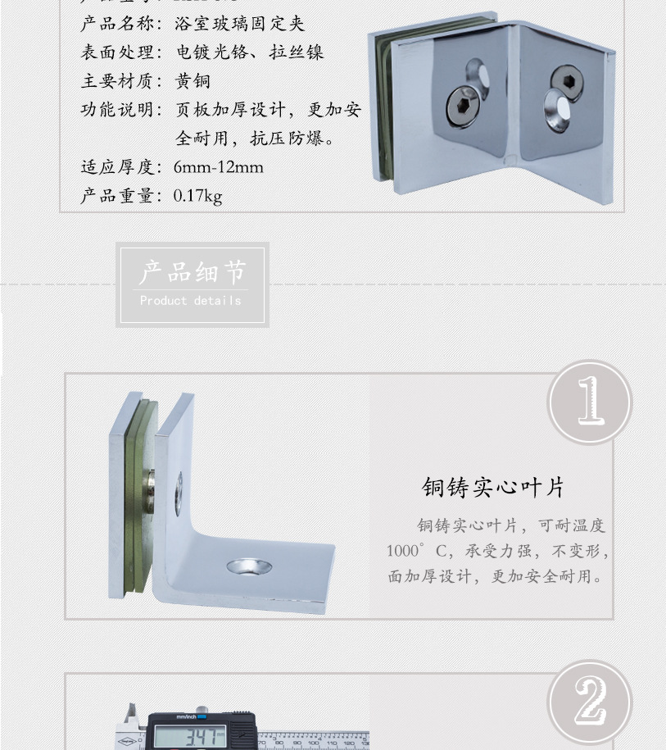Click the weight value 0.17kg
(x=197, y=196)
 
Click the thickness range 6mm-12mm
(x=218, y=167)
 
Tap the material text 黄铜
(x=193, y=81)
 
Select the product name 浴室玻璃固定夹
(x=239, y=24)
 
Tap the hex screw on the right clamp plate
(x=566, y=82)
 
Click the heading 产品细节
(x=192, y=272)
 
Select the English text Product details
(x=191, y=301)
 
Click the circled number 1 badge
(x=589, y=402)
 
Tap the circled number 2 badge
(x=589, y=702)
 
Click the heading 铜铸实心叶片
(x=493, y=488)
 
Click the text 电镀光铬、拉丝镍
(x=250, y=52)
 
